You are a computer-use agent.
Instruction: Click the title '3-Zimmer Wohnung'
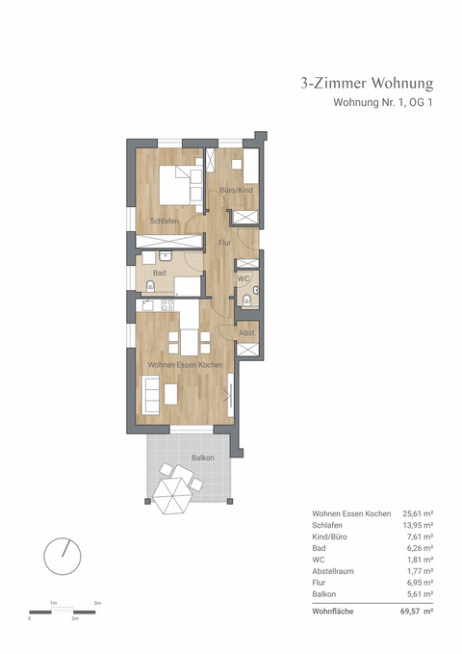tap(368, 84)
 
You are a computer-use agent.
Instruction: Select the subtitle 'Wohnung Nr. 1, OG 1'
tap(382, 103)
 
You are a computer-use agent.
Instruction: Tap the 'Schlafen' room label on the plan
tap(165, 222)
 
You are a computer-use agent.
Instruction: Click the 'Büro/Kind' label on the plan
tap(236, 191)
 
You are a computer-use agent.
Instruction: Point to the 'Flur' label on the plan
tap(224, 243)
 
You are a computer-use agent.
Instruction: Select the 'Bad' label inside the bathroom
tap(160, 274)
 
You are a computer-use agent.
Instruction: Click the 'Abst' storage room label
tap(246, 332)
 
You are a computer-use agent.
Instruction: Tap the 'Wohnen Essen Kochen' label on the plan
tap(186, 365)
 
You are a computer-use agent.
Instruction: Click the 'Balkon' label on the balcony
tap(202, 458)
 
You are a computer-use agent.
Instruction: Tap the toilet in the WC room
tap(248, 301)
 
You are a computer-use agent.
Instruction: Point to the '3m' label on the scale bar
tap(97, 602)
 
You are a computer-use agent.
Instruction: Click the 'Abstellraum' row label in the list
tap(334, 570)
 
